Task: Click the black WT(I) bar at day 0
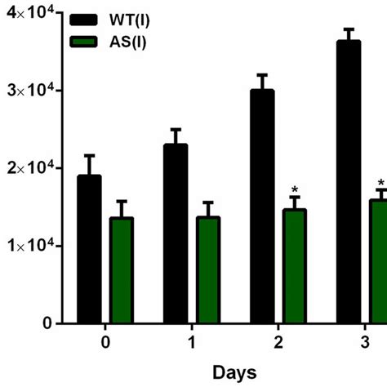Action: click(89, 249)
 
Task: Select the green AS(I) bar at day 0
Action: click(122, 270)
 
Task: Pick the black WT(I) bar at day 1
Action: click(176, 234)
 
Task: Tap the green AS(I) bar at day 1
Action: click(208, 269)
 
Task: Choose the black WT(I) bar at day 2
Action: click(262, 207)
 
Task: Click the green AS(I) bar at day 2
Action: click(295, 266)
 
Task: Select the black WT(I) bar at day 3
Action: click(349, 182)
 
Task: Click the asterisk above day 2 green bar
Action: click(295, 189)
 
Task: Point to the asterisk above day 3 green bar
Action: click(381, 182)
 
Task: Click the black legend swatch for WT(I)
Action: click(83, 20)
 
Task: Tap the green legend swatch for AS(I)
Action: click(83, 42)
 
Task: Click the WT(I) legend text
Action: click(129, 20)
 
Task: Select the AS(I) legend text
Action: click(127, 42)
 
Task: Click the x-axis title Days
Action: click(234, 372)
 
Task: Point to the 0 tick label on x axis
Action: click(105, 342)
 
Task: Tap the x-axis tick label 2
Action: click(278, 342)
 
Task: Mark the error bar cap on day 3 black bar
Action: click(349, 29)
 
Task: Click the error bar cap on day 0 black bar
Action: click(89, 156)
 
